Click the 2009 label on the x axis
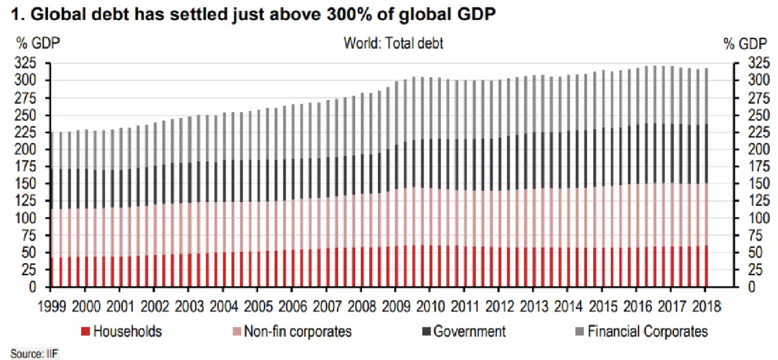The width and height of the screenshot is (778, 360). coord(395,307)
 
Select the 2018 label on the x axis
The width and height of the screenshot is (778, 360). coord(705,307)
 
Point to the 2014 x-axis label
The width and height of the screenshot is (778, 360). coord(568,307)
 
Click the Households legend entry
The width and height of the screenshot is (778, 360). coord(127,332)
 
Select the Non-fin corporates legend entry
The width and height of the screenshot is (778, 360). coord(297,332)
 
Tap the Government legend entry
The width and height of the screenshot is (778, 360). coord(469,332)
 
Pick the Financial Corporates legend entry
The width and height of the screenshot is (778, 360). coord(647,332)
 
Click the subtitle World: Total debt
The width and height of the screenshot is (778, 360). coord(393,43)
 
